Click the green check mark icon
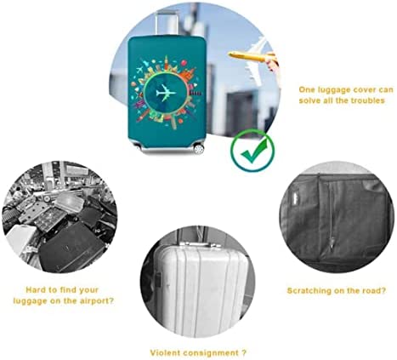(x=252, y=151)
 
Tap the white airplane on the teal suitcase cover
(x=166, y=93)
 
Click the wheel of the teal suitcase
(x=198, y=149)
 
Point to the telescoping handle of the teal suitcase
(x=167, y=24)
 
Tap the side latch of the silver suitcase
(x=158, y=279)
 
